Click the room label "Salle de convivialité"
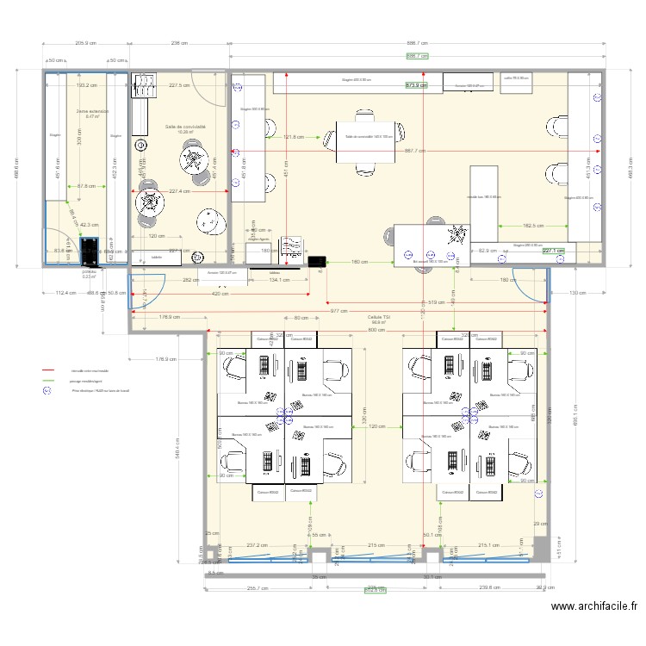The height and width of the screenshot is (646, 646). pyautogui.click(x=185, y=127)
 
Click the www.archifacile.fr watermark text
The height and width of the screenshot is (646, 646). pyautogui.click(x=594, y=607)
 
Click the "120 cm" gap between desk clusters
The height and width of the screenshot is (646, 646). pyautogui.click(x=376, y=426)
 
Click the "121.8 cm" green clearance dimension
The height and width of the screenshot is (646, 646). pyautogui.click(x=294, y=137)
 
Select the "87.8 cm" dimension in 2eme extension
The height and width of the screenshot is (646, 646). pyautogui.click(x=86, y=186)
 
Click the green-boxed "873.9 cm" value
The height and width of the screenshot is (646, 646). pyautogui.click(x=417, y=85)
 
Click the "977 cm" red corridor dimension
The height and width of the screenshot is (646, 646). pyautogui.click(x=338, y=311)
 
